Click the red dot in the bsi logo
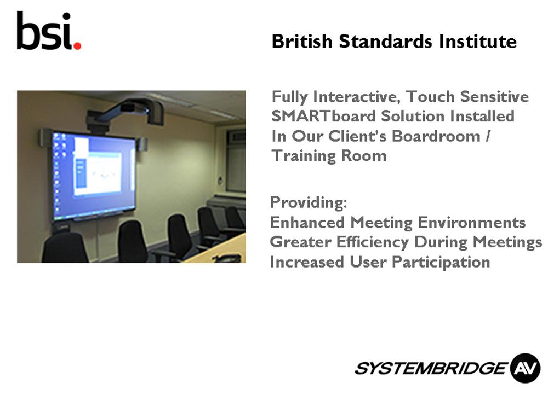tap(77, 45)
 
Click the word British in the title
tap(302, 41)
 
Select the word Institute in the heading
tap(478, 41)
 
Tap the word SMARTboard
tap(323, 116)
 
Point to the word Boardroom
tap(436, 136)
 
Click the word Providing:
tap(309, 202)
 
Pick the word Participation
tap(441, 262)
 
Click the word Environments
tap(471, 222)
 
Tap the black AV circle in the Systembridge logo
tap(525, 368)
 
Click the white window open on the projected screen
tap(98, 173)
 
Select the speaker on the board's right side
tap(141, 144)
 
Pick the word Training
tap(304, 156)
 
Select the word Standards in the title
tap(385, 41)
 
